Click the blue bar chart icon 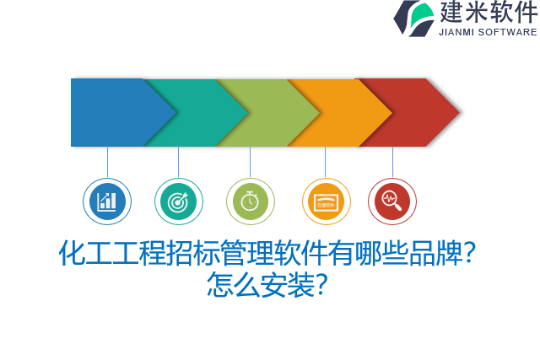[x=107, y=201]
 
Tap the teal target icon [x=178, y=201]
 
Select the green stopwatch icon [x=250, y=201]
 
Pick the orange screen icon [x=326, y=201]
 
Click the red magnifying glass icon [x=391, y=201]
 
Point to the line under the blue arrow [x=107, y=162]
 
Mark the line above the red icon [x=392, y=162]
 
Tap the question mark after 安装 [x=321, y=284]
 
